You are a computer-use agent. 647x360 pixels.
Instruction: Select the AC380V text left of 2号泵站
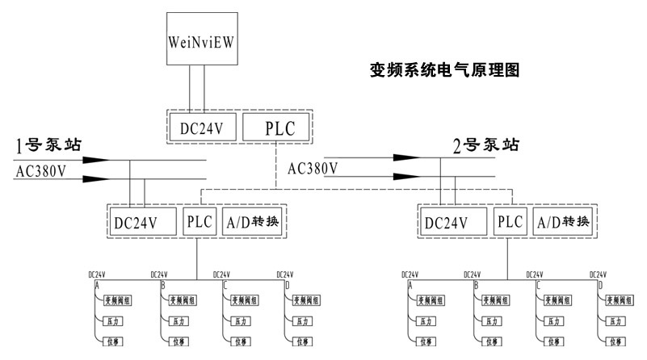coord(313,168)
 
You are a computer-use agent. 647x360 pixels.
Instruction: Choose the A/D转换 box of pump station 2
coord(561,221)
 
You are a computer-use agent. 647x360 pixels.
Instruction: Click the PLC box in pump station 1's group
coord(199,221)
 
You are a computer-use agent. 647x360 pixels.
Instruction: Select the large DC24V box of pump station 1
coord(143,221)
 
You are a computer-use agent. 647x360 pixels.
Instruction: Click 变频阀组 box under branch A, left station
coord(118,300)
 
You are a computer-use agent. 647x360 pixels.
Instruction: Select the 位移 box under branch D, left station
coord(301,341)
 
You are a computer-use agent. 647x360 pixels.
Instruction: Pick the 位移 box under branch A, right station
coord(426,341)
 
